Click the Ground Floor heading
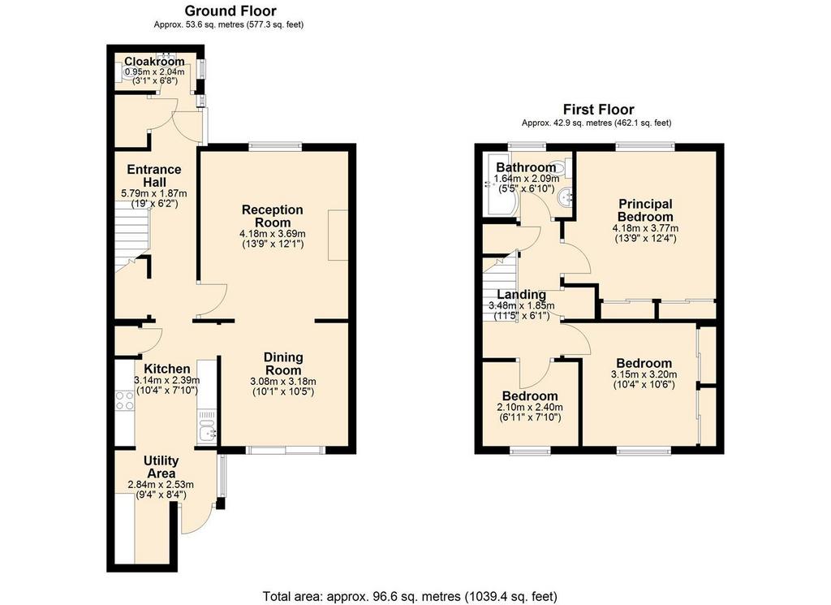coord(230,11)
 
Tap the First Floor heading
coord(598,110)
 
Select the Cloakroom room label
coord(154,62)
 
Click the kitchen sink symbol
coord(208,434)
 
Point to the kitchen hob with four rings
coord(125,400)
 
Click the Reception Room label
coord(273,216)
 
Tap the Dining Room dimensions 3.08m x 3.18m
coord(283,382)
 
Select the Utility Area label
coord(161,467)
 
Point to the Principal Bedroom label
coord(645,210)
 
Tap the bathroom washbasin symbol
coord(565,197)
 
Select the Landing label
coord(521,295)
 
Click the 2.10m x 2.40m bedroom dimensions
coord(530,408)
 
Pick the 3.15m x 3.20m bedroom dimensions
coord(644,374)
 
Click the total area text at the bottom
coord(410,596)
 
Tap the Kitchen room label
coord(167,369)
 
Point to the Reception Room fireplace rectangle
coord(338,236)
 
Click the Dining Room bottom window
coord(286,451)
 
